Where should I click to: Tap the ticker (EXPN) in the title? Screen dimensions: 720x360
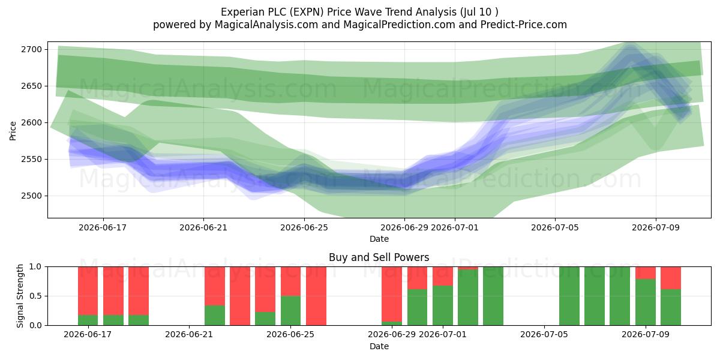click(307, 12)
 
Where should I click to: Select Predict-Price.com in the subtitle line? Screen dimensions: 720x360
click(524, 25)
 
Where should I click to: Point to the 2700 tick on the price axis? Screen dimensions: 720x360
click(31, 49)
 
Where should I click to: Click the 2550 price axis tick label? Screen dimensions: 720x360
click(31, 160)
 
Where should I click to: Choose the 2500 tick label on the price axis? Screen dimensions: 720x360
click(31, 196)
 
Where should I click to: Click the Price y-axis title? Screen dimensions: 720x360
click(13, 131)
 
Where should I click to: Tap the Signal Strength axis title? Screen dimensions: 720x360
click(20, 296)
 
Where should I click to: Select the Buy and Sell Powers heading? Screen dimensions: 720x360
click(379, 257)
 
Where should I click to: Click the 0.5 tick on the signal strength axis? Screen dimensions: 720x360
click(35, 296)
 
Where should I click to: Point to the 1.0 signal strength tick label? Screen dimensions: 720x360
click(35, 267)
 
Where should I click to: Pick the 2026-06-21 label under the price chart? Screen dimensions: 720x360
click(203, 227)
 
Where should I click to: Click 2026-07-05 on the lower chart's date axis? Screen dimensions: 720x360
click(544, 335)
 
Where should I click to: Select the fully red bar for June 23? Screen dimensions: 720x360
click(240, 296)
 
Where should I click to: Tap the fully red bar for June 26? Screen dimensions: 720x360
click(316, 296)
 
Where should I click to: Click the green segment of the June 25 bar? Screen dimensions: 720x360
click(290, 311)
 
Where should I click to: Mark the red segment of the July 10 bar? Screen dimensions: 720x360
click(671, 278)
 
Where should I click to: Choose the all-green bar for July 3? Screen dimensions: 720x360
click(493, 296)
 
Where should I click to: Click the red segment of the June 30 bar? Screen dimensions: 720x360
click(417, 278)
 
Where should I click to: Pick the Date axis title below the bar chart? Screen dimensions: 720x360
click(379, 347)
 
